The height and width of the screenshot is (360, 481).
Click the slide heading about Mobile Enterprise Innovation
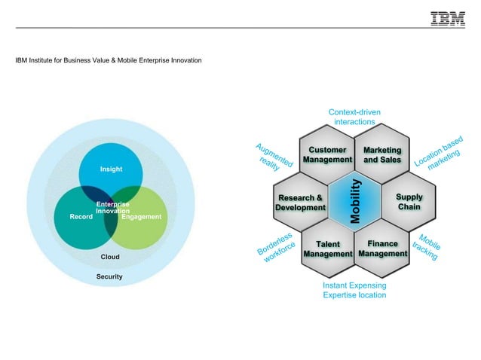coord(109,59)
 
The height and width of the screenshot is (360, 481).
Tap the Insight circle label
coord(111,169)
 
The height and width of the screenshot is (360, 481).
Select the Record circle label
coord(81,217)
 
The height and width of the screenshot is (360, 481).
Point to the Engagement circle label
coord(142,217)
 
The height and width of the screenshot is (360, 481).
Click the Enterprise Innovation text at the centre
coord(112,208)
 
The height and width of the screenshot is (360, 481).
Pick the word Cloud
coord(111,257)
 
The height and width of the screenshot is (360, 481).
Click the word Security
coord(109,277)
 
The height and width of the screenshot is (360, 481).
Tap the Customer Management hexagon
coord(327,155)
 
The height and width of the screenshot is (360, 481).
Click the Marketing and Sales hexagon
coord(382,155)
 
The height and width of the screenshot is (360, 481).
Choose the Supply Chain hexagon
coord(409,202)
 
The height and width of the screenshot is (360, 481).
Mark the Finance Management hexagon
coord(382,249)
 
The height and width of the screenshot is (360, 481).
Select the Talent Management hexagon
coord(328,249)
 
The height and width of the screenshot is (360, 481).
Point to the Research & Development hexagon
coord(300,203)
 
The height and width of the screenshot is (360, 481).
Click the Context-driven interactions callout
coord(354,117)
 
